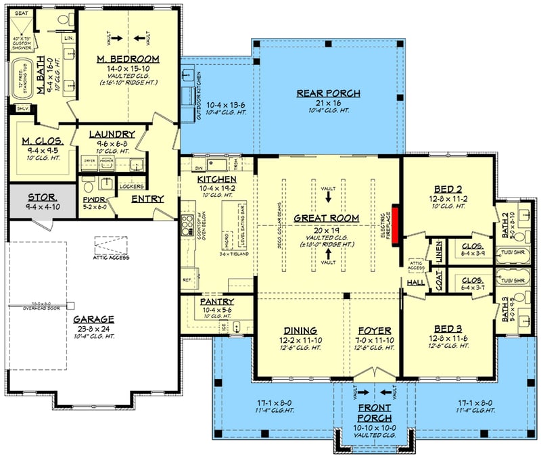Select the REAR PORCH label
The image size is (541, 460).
click(x=328, y=93)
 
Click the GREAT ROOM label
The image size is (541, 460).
click(x=326, y=218)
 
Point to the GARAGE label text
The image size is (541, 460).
click(x=95, y=319)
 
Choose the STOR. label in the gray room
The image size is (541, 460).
click(x=42, y=198)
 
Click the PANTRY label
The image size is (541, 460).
click(x=217, y=301)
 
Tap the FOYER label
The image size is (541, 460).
click(x=372, y=331)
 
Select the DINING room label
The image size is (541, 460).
click(x=299, y=331)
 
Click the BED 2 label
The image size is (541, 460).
click(x=448, y=190)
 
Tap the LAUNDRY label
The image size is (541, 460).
click(x=112, y=134)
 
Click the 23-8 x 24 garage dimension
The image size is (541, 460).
click(x=95, y=329)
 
